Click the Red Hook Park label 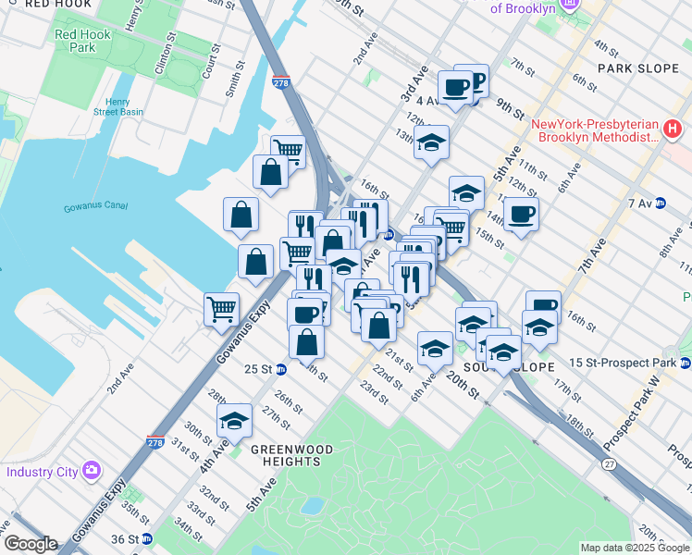76,41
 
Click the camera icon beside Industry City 92,471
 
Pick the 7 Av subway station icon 661,203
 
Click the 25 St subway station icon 282,368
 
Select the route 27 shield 609,464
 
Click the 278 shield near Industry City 154,443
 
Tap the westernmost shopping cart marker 222,309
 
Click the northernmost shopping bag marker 270,172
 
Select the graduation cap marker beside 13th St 431,142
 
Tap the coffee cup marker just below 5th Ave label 522,215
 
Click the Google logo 30,544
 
